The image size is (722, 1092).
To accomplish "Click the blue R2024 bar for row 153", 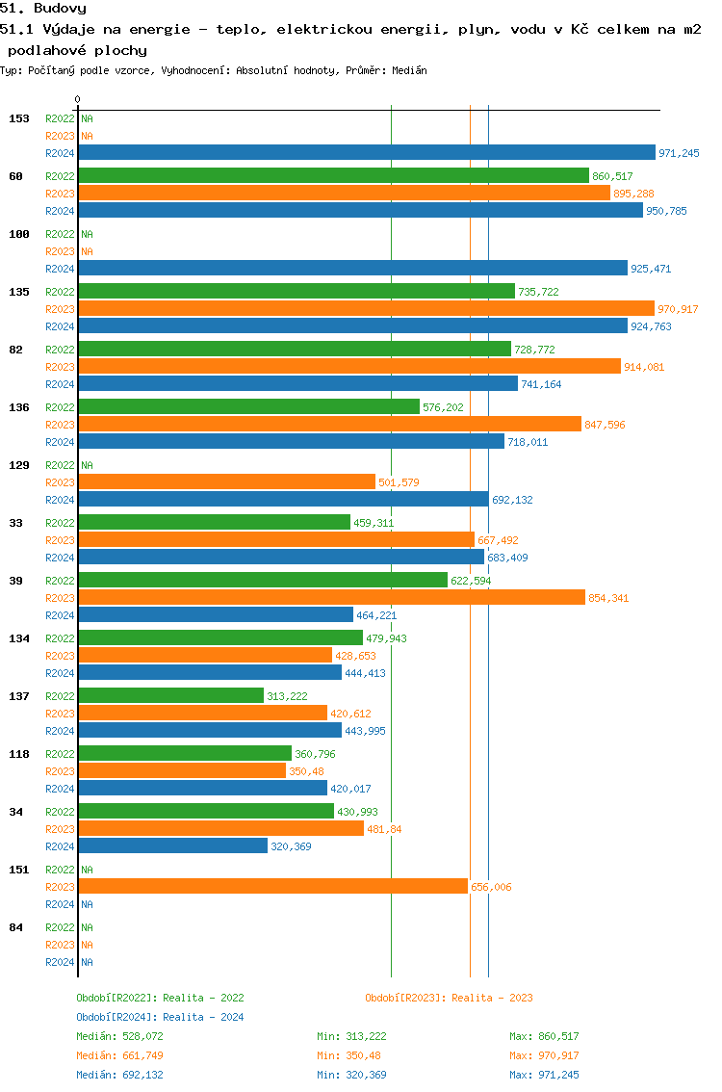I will (366, 152).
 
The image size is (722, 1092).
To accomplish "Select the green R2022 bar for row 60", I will (333, 175).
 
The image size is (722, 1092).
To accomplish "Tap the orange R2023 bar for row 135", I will (366, 308).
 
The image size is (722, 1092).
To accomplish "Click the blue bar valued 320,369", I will (172, 845).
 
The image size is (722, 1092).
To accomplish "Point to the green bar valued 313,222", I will (170, 695).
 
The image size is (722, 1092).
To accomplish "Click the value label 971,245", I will (679, 153).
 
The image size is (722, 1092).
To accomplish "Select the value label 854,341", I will (608, 598).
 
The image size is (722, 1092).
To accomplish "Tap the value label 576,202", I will (443, 407).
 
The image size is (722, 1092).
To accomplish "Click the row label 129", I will (19, 465).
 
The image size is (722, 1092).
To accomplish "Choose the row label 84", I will (16, 927).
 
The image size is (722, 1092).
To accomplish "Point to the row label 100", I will (19, 234).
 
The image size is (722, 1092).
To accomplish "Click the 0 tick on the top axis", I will (78, 100).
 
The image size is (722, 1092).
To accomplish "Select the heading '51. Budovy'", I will (43, 8).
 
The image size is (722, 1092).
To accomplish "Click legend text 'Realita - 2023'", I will (492, 998).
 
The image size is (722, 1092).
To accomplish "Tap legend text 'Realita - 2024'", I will (203, 1017).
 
